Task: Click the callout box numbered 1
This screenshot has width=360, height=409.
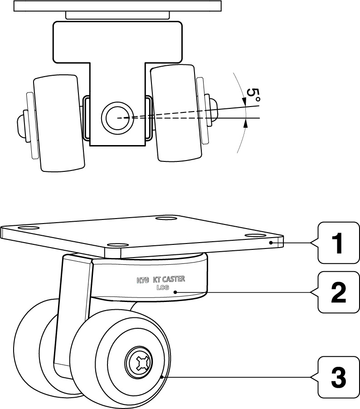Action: click(338, 243)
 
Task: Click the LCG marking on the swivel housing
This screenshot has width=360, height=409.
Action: click(162, 287)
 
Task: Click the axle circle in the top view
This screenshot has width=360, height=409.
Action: click(118, 117)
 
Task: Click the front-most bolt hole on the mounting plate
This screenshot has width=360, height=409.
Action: click(117, 245)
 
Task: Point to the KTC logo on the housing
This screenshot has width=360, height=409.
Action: click(143, 280)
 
